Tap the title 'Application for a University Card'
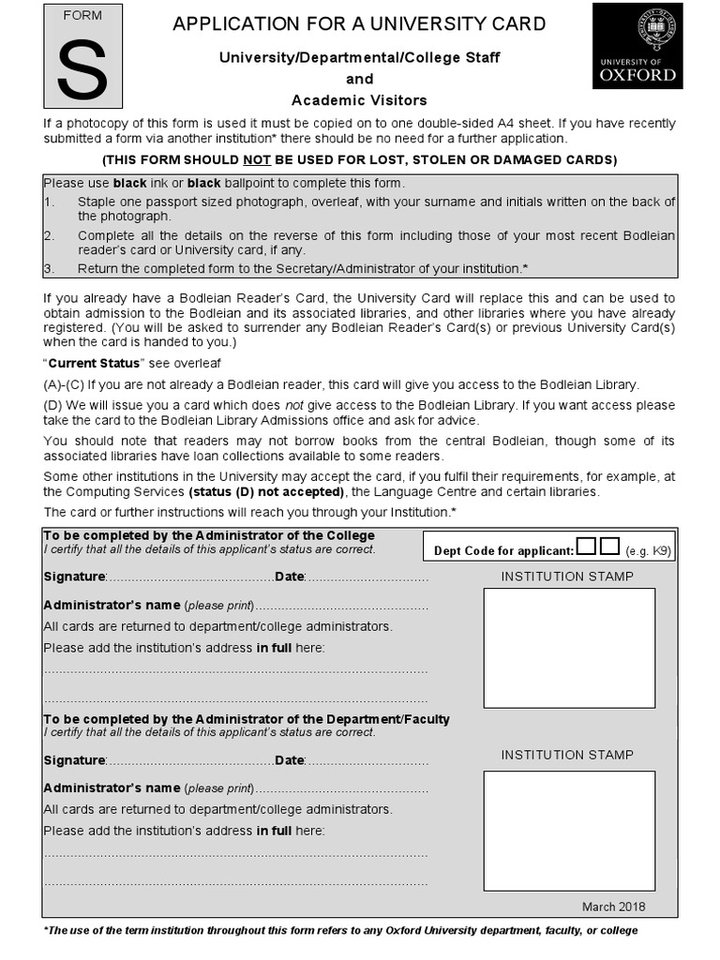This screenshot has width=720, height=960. click(359, 23)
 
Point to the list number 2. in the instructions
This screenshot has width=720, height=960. click(49, 236)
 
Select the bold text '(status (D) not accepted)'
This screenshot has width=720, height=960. click(266, 492)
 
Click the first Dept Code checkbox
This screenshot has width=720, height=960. click(586, 547)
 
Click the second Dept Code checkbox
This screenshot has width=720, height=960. click(609, 547)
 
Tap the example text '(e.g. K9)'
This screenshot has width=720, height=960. click(648, 551)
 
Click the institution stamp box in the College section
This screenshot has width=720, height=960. click(569, 648)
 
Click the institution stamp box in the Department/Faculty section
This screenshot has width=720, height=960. click(569, 830)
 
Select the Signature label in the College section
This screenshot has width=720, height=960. click(74, 577)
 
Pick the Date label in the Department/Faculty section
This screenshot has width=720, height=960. click(290, 760)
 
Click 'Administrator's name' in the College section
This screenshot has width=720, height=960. click(112, 605)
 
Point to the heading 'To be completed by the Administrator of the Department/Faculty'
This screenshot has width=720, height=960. click(247, 719)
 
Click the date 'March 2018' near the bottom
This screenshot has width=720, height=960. click(613, 907)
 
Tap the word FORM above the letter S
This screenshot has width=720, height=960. click(82, 16)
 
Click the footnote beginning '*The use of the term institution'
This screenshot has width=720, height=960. click(340, 931)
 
